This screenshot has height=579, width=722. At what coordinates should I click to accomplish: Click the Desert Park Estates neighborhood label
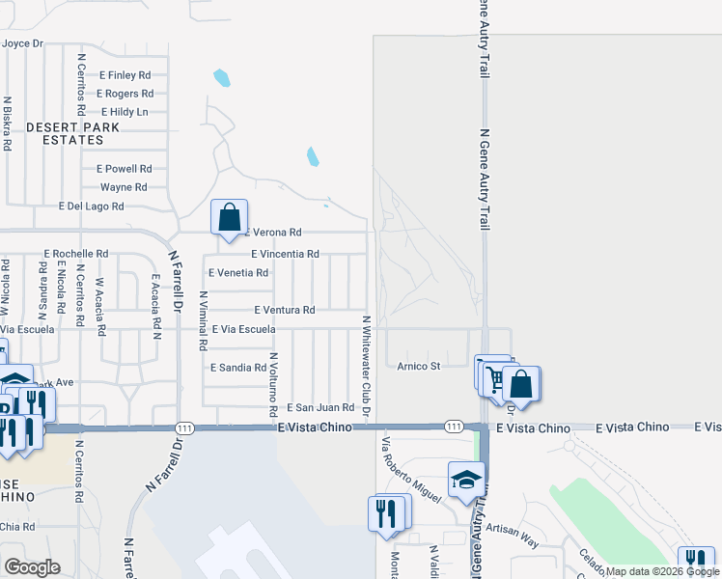tap(73, 133)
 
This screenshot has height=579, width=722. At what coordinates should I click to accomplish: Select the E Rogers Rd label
tap(125, 94)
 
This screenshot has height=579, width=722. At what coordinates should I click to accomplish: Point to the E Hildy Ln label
tap(125, 112)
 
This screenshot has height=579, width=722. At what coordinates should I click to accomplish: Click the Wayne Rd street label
tap(124, 187)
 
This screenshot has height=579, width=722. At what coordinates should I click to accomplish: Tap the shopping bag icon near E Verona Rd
tap(230, 217)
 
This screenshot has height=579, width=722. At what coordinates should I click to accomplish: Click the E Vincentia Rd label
tap(285, 254)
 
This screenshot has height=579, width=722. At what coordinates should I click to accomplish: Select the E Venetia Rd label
tap(237, 273)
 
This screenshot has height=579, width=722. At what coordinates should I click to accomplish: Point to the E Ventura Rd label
tap(284, 310)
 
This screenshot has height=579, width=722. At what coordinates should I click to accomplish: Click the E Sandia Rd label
tap(237, 368)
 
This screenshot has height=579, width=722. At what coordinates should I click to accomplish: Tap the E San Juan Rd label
tap(319, 408)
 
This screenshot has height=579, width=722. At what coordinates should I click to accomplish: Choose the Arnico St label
tap(419, 366)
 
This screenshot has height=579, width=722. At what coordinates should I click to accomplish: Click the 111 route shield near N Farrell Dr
tap(187, 427)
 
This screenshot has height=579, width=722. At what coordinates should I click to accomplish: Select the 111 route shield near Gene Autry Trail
tap(453, 427)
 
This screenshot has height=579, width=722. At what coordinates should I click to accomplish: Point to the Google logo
tap(32, 567)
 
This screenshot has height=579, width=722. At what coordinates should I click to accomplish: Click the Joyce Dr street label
tap(23, 43)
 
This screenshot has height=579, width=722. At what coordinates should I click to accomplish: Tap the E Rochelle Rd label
tap(76, 253)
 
